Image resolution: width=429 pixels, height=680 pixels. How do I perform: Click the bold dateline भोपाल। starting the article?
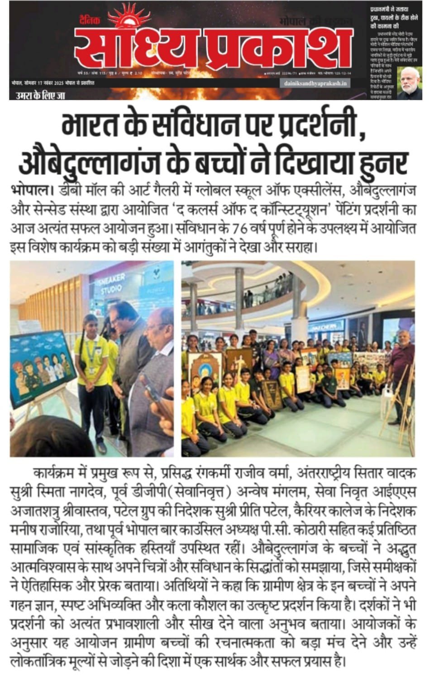pos(31,190)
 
